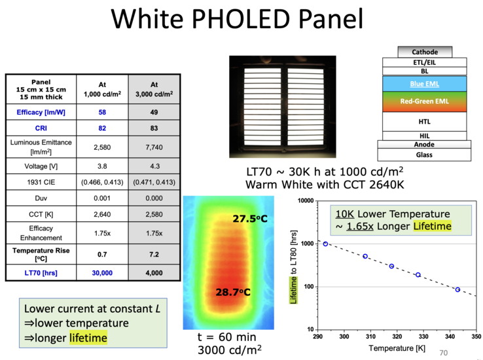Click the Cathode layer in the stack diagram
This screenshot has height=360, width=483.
(x=425, y=52)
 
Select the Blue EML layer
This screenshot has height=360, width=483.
(x=425, y=83)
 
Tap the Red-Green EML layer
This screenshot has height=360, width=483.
(x=425, y=101)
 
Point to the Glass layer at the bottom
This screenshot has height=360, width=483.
(x=425, y=155)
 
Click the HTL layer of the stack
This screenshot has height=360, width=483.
(x=425, y=122)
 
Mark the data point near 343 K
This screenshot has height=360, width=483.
(x=457, y=289)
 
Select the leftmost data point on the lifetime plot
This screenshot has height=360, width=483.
(x=325, y=244)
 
